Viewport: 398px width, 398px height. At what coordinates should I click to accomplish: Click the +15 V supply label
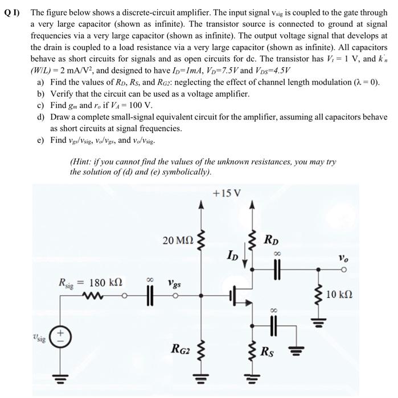click(226, 193)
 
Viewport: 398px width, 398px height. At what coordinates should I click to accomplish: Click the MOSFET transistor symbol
click(239, 296)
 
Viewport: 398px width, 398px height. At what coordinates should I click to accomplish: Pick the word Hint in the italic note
click(83, 161)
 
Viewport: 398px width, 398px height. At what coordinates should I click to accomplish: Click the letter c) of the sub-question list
click(41, 105)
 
